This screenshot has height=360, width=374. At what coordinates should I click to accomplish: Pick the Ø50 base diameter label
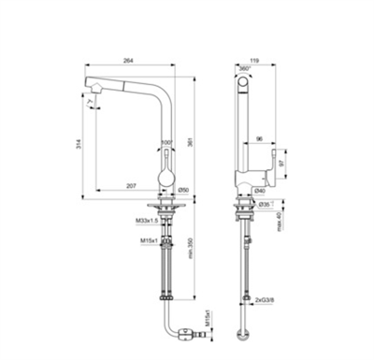tap(183, 191)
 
